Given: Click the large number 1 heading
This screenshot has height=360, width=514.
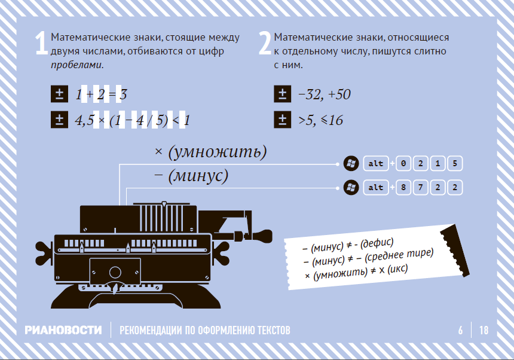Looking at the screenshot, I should [x=41, y=44].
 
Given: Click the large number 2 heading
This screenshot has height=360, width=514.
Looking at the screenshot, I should [x=265, y=44].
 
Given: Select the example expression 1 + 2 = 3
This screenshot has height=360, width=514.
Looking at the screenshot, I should [x=100, y=94].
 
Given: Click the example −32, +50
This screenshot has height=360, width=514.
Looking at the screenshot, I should [x=324, y=94].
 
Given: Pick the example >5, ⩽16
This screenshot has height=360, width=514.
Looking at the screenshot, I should [x=320, y=120].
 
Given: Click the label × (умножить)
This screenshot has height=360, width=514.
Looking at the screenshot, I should [x=210, y=152].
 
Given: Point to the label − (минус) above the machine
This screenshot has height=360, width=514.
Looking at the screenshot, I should [x=191, y=176].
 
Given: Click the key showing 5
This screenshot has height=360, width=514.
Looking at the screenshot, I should [x=455, y=164].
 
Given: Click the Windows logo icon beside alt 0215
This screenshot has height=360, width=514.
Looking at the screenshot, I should [x=351, y=164].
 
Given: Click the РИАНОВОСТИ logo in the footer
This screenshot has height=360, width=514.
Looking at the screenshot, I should [x=63, y=330].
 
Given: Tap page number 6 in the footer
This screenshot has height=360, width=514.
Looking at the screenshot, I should [x=460, y=330].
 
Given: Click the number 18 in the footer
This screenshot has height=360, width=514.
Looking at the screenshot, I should [x=484, y=330].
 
